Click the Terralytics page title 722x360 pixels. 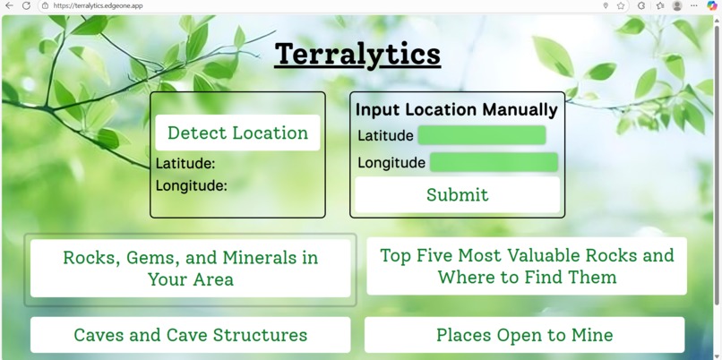(357, 55)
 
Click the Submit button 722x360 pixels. (457, 194)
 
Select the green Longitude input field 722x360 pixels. (494, 162)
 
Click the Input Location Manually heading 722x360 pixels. (456, 110)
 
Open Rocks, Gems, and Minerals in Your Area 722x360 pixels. (190, 269)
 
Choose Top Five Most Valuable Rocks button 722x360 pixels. (527, 266)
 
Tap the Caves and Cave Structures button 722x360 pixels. (190, 335)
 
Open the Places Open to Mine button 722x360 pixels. (524, 335)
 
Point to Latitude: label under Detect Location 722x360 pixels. (185, 164)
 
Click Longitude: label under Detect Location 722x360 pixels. (192, 186)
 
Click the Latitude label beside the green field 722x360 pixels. (385, 136)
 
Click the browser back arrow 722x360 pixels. (9, 5)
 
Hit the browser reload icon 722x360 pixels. (26, 5)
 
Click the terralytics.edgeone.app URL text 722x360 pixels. (98, 5)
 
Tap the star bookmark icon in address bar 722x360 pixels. (621, 5)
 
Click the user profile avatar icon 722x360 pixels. (677, 5)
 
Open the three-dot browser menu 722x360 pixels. (694, 5)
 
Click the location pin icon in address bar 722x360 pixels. (606, 5)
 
